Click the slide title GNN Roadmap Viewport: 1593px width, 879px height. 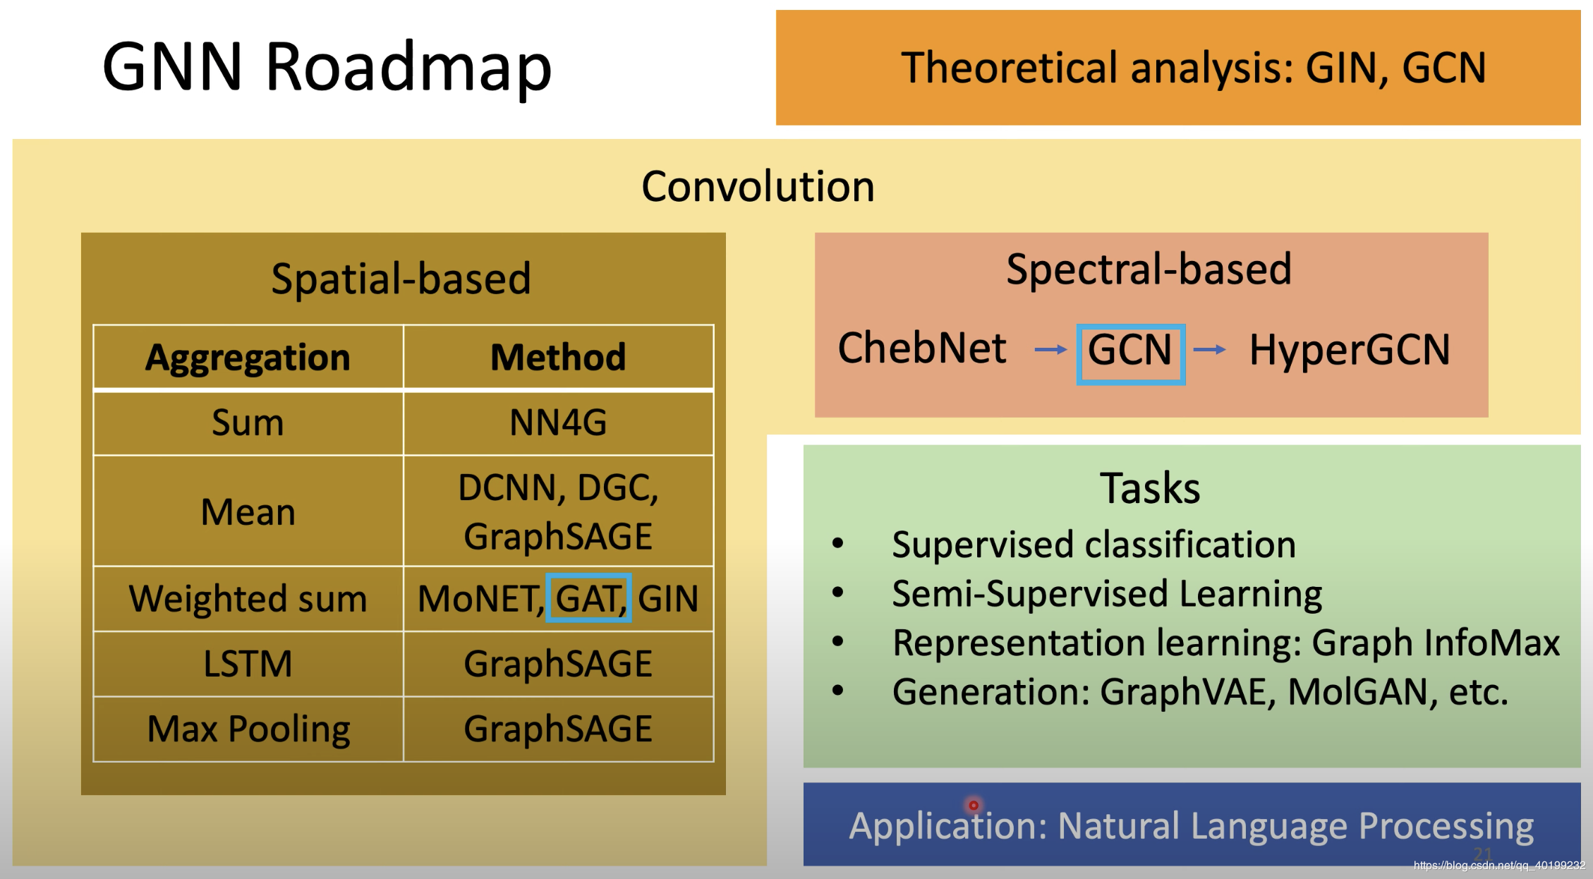coord(327,67)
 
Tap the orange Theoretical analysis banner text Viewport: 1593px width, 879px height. coord(1193,68)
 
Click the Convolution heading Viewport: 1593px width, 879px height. coord(758,187)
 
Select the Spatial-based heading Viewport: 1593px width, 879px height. coord(401,279)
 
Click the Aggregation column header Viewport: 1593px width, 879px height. coord(248,357)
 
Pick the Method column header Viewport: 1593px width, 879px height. coord(558,357)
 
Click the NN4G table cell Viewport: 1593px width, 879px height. coord(558,423)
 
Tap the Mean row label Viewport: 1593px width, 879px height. coord(248,511)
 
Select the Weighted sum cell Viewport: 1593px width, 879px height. coord(248,598)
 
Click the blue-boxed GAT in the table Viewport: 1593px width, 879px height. coord(588,598)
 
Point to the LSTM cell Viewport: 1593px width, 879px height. coord(248,664)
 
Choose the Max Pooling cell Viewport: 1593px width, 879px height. coord(248,729)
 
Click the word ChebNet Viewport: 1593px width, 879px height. coord(921,348)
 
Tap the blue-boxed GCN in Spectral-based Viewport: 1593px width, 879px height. coord(1130,351)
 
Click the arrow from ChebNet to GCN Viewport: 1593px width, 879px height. coord(1050,349)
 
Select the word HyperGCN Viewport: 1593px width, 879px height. coord(1349,350)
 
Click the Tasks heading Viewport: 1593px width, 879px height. coord(1150,488)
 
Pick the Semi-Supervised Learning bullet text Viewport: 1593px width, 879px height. coord(1106,594)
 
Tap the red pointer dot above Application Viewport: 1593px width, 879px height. coord(974,805)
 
